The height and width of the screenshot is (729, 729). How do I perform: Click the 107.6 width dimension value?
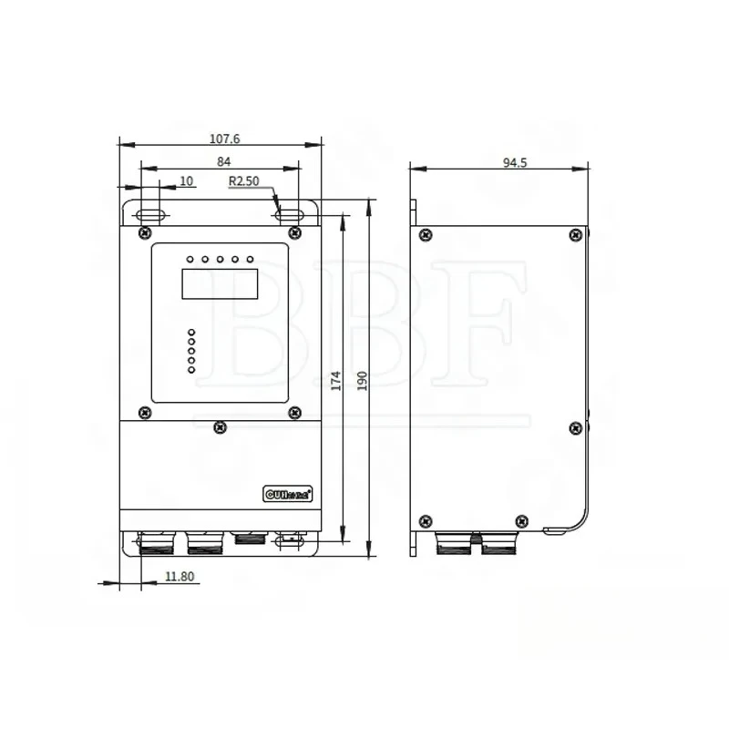[x=224, y=139]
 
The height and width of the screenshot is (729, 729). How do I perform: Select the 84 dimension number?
[x=223, y=161]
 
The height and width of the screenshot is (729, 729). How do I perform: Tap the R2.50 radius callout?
[x=243, y=181]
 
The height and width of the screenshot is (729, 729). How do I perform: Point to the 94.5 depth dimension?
[x=516, y=162]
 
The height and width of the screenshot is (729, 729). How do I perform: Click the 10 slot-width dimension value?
[x=186, y=181]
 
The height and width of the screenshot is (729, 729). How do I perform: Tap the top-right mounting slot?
[x=289, y=215]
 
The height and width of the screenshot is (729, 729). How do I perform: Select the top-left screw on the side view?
[x=425, y=235]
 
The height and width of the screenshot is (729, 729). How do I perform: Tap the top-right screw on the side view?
[x=575, y=235]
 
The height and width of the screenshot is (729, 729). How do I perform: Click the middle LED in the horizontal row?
[x=221, y=260]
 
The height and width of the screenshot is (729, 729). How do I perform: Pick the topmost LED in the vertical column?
[x=191, y=332]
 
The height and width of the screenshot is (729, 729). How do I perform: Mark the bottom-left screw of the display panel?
[x=145, y=413]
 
